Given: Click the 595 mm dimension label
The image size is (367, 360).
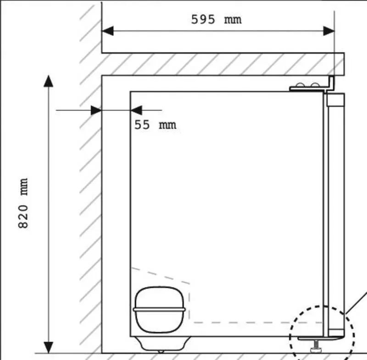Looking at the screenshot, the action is pyautogui.click(x=216, y=19).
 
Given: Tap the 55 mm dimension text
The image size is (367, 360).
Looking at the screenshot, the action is pyautogui.click(x=155, y=124).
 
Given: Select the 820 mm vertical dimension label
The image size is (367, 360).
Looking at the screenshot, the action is pyautogui.click(x=23, y=203).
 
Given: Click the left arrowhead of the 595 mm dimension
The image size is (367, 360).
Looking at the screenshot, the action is pyautogui.click(x=108, y=31).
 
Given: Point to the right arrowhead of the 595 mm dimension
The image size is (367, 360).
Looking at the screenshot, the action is pyautogui.click(x=328, y=31).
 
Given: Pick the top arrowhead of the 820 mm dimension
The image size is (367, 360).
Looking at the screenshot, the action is pyautogui.click(x=48, y=81).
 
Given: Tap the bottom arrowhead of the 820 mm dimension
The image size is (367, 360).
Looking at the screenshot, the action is pyautogui.click(x=48, y=347).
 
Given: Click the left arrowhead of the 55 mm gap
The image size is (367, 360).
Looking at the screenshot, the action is pyautogui.click(x=96, y=110).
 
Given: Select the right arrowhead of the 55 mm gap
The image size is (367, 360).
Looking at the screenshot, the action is pyautogui.click(x=136, y=110).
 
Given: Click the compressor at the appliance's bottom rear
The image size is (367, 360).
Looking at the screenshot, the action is pyautogui.click(x=159, y=309).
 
